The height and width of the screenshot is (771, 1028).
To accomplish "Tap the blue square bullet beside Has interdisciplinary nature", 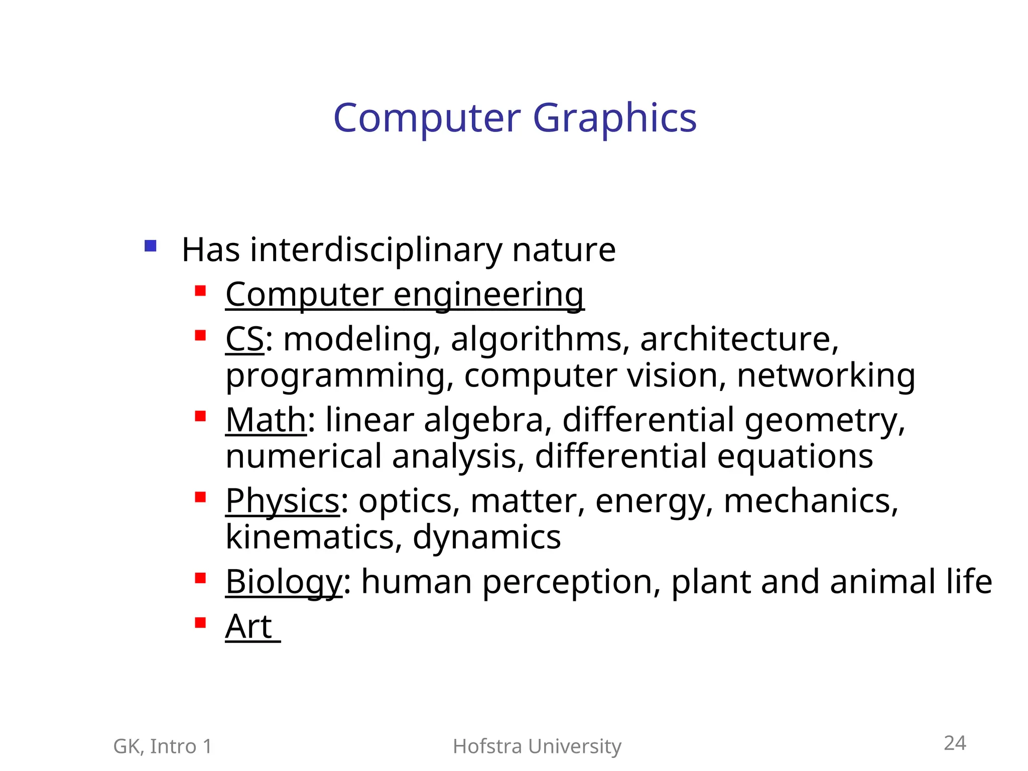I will tap(150, 246).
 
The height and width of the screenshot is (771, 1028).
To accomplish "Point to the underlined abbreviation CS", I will tap(244, 339).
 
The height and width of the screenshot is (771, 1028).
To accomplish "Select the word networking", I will tap(826, 376).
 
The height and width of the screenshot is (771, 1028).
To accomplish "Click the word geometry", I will tap(825, 421).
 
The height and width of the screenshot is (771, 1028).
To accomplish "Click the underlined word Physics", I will tap(283, 501).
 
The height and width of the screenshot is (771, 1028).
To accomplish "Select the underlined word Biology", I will tap(284, 582).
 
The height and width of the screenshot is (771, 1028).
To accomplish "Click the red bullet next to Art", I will tap(200, 623).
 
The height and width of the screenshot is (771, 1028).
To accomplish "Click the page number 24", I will tap(955, 743).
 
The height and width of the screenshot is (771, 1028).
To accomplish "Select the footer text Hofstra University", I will tap(537, 746).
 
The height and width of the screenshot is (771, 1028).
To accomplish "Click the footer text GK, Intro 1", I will tap(163, 746).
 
